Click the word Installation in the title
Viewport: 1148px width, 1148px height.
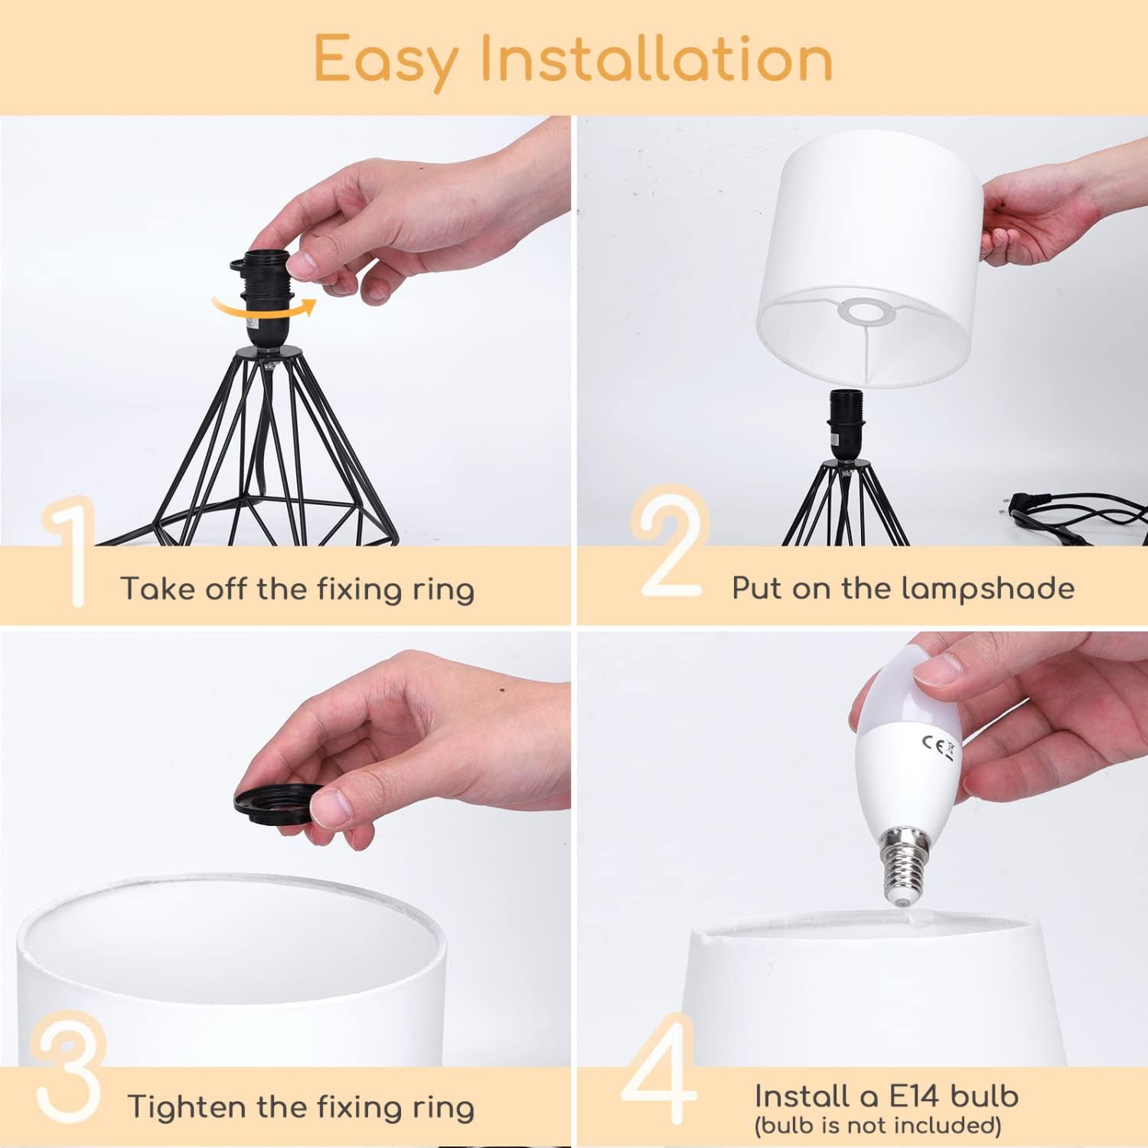[x=656, y=58]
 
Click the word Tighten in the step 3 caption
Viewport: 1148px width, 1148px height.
[x=187, y=1107]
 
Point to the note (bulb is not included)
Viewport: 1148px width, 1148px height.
[x=877, y=1125]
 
